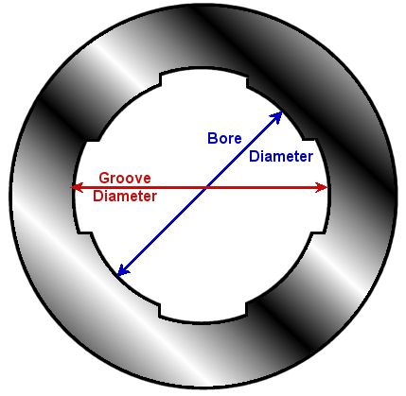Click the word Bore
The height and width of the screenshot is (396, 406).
tap(224, 138)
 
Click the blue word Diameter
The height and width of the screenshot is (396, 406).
tap(281, 156)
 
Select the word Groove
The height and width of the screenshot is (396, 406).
tap(125, 178)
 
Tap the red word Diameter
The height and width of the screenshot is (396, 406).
tap(125, 197)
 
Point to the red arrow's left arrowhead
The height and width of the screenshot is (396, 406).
tap(77, 187)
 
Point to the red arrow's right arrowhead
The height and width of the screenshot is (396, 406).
tap(322, 187)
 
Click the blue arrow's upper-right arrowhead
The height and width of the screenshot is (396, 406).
tap(276, 117)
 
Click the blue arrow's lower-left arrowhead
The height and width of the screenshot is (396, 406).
tap(122, 270)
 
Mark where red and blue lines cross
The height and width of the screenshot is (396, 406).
tap(206, 187)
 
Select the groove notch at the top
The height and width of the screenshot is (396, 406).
tap(203, 77)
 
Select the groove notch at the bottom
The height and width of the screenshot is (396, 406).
tap(203, 312)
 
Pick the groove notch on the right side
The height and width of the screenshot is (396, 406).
tap(317, 186)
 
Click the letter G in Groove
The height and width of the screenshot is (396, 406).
tap(104, 178)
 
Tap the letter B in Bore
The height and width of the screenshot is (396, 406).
tap(212, 138)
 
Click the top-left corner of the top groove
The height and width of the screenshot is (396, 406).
tap(160, 75)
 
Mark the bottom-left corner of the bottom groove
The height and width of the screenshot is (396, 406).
tap(159, 316)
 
